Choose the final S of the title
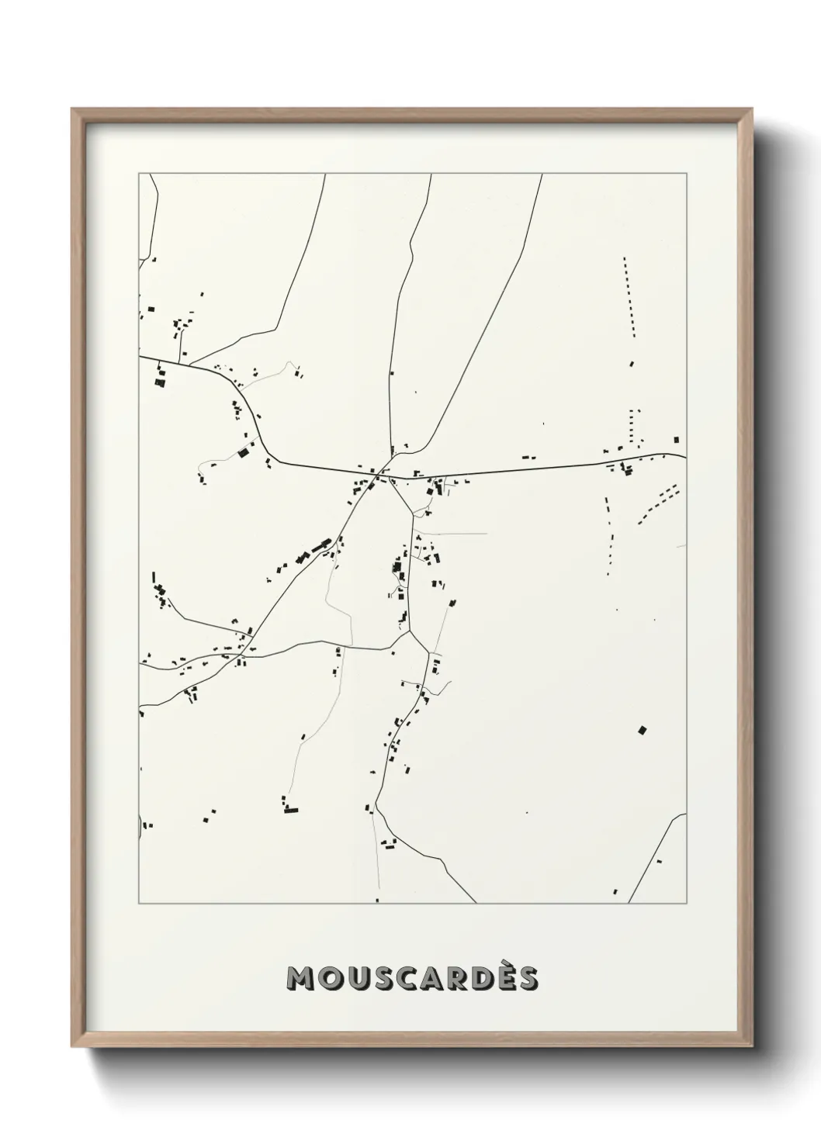[x=525, y=979]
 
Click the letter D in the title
[x=474, y=979]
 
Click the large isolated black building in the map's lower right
[x=642, y=729]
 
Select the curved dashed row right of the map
[x=659, y=504]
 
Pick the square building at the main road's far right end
[x=677, y=440]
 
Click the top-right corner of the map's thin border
[x=686, y=174]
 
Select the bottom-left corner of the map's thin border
[x=139, y=903]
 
